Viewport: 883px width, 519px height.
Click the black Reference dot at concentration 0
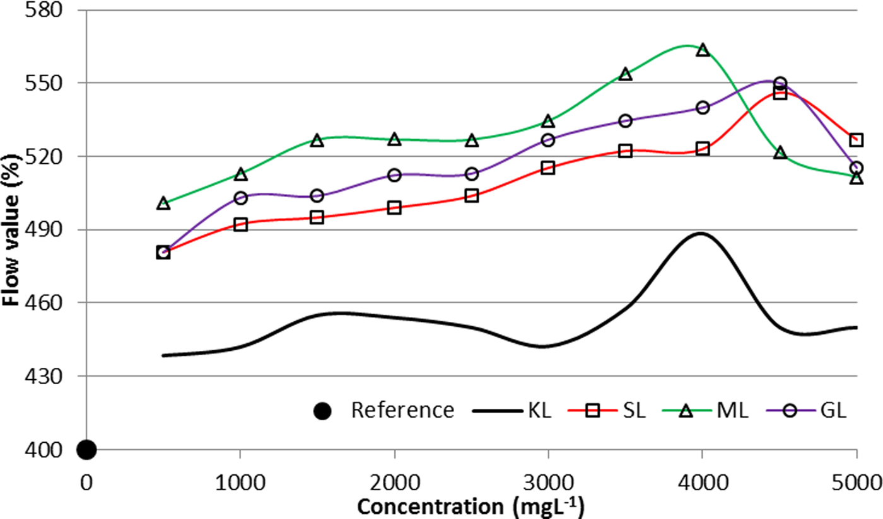coord(86,450)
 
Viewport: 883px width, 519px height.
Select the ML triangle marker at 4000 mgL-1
coord(703,50)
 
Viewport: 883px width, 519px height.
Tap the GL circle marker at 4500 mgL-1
coord(780,83)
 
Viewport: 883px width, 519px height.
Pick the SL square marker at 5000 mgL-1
coord(856,140)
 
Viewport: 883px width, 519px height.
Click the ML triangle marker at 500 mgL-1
coord(163,203)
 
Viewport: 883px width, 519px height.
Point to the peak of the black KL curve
coord(701,233)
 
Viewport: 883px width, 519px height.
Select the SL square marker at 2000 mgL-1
coord(394,208)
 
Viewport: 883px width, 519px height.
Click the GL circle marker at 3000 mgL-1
coord(548,140)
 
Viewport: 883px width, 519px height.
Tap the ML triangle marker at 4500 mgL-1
coord(780,153)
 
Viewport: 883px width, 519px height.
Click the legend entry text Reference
coord(402,411)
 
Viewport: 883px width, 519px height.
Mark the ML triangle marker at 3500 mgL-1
coord(625,74)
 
